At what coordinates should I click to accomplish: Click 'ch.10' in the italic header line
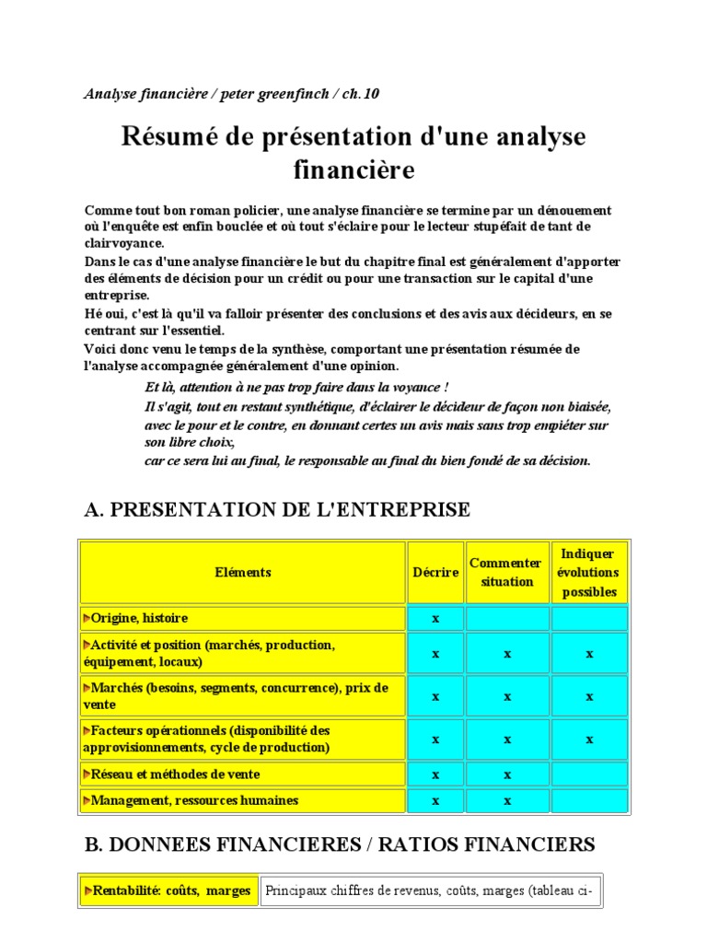coord(360,94)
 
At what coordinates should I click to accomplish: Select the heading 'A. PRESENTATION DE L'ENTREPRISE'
coord(276,510)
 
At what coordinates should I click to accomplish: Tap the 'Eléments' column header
coord(243,572)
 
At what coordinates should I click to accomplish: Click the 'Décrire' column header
coord(435,572)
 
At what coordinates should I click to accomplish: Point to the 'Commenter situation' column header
coord(506,572)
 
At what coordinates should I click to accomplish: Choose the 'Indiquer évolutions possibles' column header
coord(589,572)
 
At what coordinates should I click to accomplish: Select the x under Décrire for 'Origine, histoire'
coord(435,618)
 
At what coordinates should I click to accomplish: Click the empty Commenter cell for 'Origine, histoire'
coord(506,618)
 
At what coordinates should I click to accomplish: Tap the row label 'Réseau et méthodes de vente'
coord(176,774)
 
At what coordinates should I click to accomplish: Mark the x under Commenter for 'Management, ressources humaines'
coord(506,801)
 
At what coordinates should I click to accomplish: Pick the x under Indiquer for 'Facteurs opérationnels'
coord(589,739)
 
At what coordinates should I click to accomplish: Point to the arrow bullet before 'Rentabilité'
coord(87,891)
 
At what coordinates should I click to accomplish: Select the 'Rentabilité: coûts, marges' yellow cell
coord(168,891)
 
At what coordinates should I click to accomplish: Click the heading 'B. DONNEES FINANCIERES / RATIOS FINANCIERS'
coord(340,844)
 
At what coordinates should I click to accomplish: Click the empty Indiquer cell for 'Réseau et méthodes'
coord(589,774)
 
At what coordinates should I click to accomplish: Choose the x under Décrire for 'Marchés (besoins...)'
coord(435,696)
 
